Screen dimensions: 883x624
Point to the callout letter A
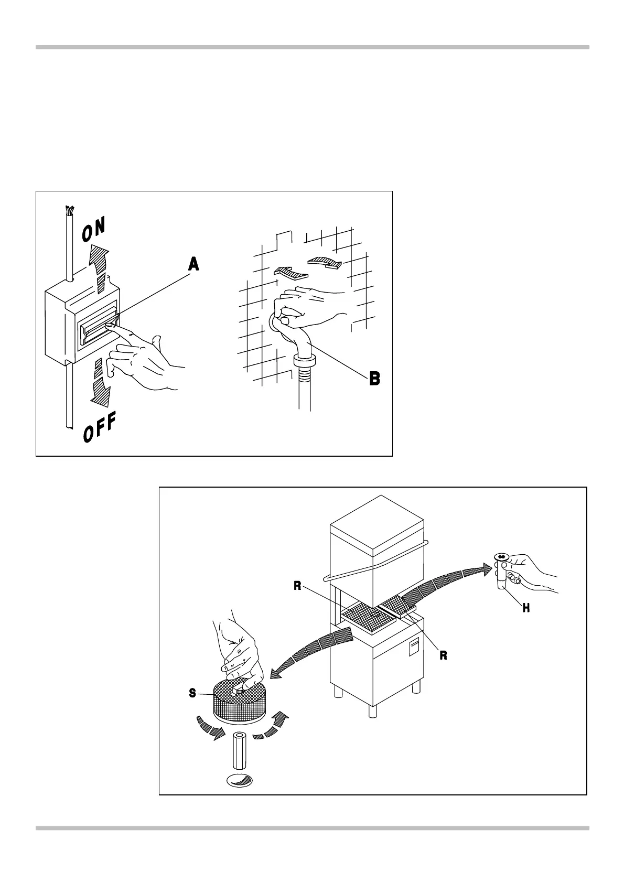(x=193, y=265)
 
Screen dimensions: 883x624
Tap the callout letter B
(x=374, y=378)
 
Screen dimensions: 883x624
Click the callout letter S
(x=192, y=693)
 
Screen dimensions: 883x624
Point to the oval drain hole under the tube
(x=239, y=780)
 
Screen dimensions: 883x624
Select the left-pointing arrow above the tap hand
(x=289, y=273)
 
